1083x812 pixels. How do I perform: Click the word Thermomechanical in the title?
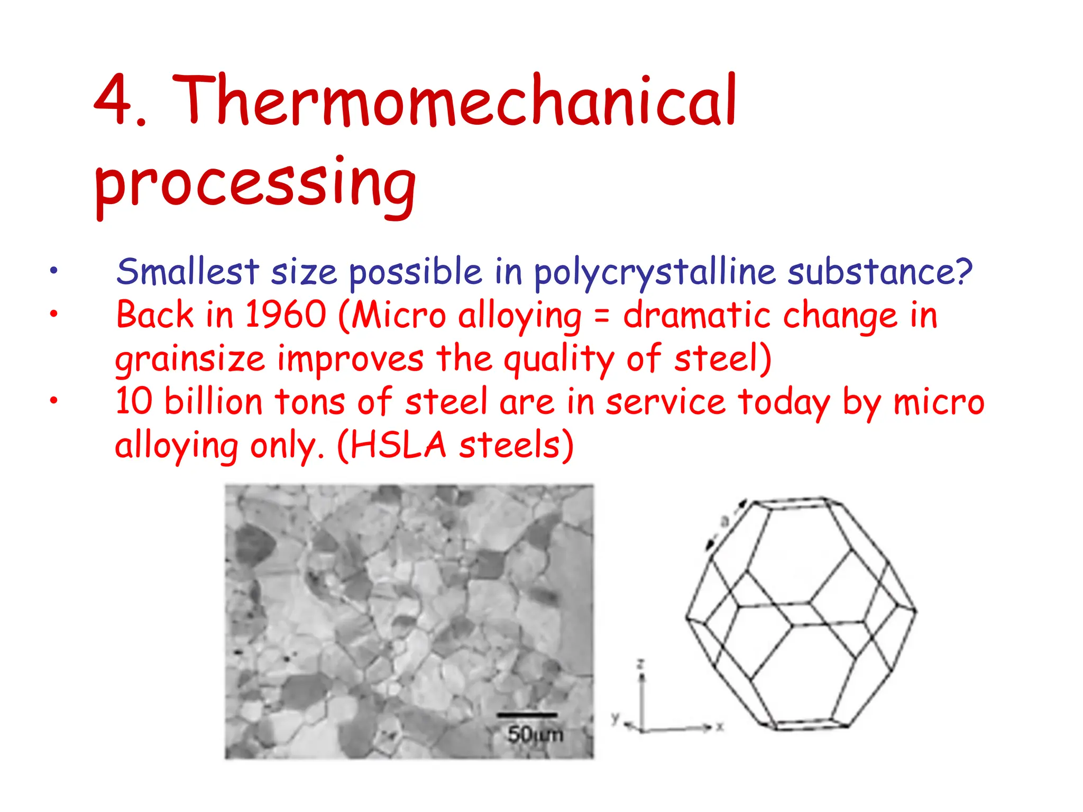pos(455,100)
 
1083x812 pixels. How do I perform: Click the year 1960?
pos(286,315)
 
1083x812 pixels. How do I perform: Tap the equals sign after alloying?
pos(602,316)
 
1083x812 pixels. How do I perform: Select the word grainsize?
pos(190,359)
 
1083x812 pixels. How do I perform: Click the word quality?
pos(558,359)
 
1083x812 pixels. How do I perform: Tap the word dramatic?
pos(696,315)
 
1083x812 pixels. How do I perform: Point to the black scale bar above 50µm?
pos(527,715)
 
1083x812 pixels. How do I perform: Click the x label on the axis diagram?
pos(720,727)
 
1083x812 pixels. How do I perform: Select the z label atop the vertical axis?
pos(640,663)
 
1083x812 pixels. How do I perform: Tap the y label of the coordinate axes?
pos(615,717)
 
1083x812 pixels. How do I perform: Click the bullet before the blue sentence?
pos(53,271)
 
